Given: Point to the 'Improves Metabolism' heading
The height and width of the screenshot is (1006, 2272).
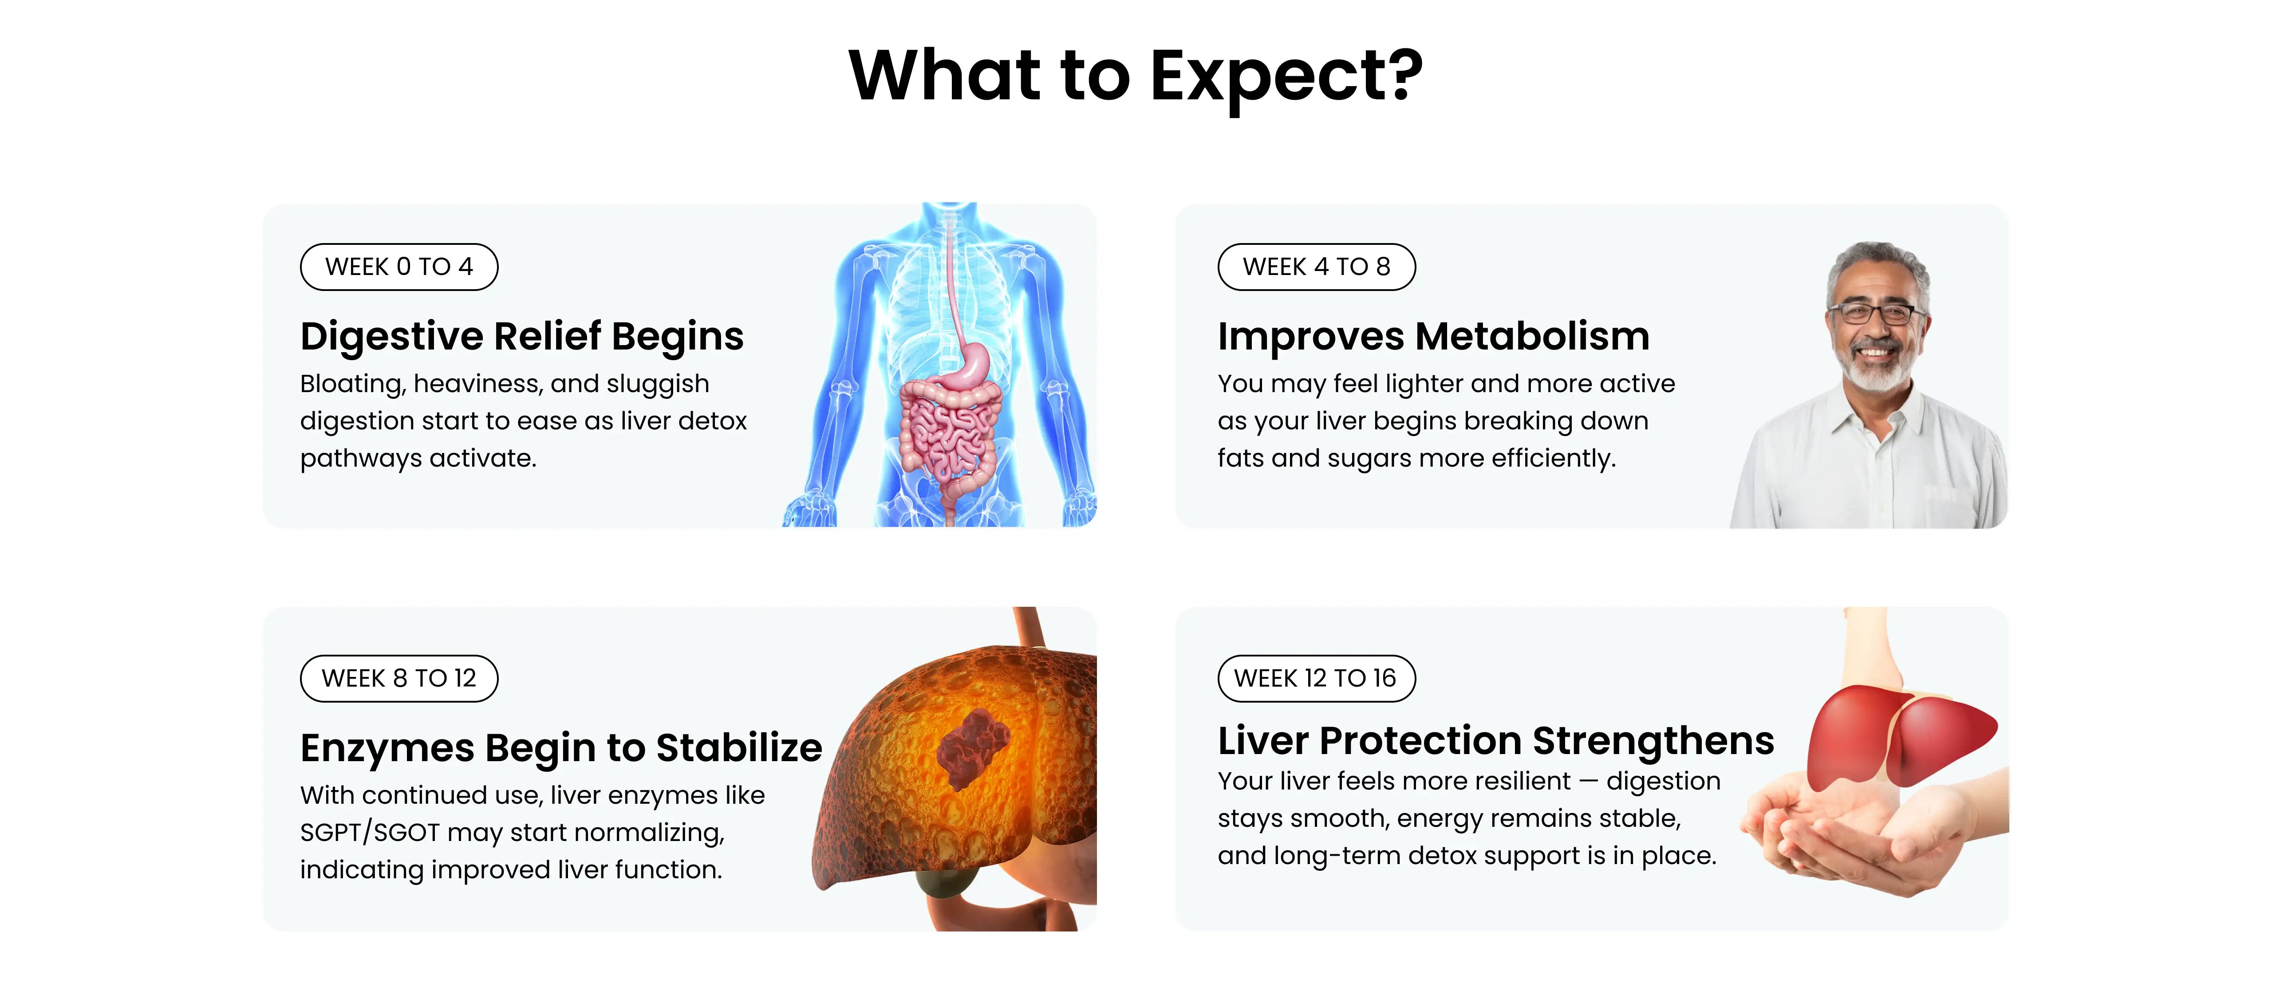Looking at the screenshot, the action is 1433,336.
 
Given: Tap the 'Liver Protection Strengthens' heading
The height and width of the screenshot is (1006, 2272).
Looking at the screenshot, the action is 1496,741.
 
